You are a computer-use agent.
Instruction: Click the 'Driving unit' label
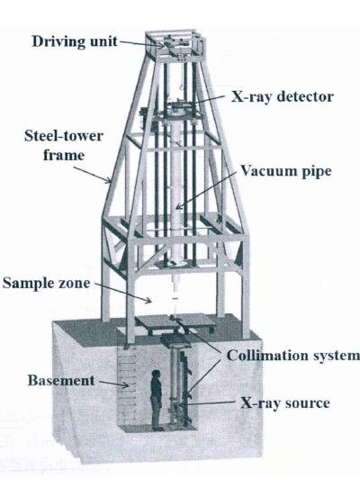[x=75, y=41]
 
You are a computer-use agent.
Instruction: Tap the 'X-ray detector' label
[x=282, y=97]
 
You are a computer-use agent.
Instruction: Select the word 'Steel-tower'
[x=64, y=136]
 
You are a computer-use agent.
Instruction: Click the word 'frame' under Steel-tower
[x=64, y=155]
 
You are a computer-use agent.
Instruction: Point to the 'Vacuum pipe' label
[x=285, y=171]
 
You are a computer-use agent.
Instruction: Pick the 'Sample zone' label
[x=46, y=283]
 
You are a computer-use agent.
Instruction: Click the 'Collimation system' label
[x=292, y=356]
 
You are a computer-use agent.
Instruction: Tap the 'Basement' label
[x=61, y=381]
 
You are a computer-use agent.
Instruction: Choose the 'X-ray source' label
[x=285, y=403]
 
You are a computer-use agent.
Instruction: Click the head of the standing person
[x=156, y=374]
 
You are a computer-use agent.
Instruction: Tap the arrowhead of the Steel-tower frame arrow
[x=108, y=181]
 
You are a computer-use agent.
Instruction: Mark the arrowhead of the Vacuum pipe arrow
[x=179, y=206]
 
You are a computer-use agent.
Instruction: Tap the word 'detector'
[x=305, y=97]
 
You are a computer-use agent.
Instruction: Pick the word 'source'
[x=308, y=403]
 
